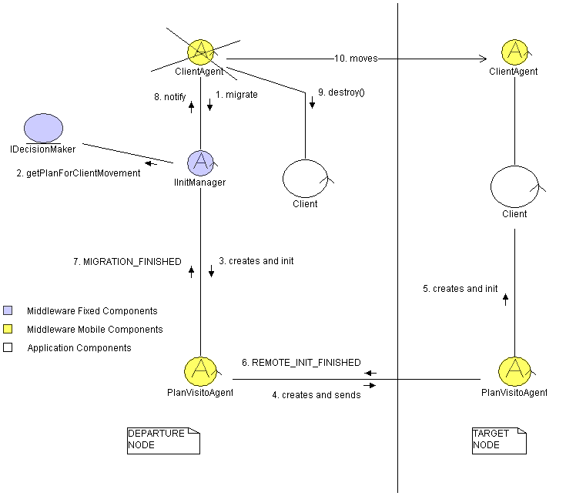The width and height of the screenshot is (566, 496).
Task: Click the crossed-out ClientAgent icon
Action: tap(200, 52)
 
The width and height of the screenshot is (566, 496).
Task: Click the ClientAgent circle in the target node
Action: tap(514, 52)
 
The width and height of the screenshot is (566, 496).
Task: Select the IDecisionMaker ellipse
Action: tap(42, 128)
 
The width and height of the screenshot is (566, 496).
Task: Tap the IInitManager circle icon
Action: tap(200, 163)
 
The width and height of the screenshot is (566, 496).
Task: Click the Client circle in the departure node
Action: tap(305, 178)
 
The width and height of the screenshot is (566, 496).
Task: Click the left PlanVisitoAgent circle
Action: tap(200, 371)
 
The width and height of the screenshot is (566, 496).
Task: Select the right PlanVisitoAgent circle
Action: tap(514, 371)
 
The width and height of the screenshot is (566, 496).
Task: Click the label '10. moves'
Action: tap(356, 58)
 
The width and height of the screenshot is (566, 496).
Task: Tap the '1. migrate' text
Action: tap(236, 94)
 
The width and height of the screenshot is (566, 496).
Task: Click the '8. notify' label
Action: tap(170, 97)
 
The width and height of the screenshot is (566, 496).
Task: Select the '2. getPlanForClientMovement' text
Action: tap(79, 173)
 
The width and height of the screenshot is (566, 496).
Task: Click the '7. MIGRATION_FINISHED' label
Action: tap(127, 262)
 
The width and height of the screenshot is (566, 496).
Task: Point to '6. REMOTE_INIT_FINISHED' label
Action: tap(301, 362)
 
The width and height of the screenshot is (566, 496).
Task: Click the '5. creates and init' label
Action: tap(461, 289)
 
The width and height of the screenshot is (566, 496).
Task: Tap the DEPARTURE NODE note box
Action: tap(162, 439)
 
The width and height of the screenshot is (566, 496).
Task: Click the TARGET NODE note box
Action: tap(498, 440)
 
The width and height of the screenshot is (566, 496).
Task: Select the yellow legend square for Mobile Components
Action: tap(8, 330)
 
